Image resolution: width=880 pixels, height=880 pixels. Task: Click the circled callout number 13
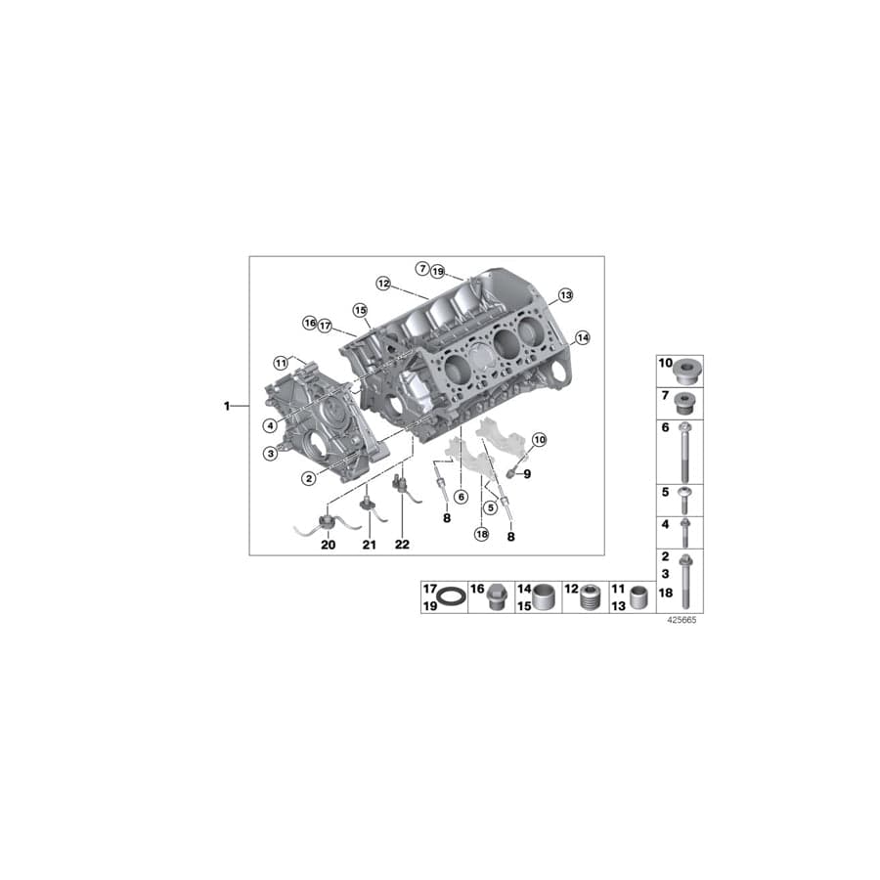(x=564, y=294)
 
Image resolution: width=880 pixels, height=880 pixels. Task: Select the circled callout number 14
(x=582, y=337)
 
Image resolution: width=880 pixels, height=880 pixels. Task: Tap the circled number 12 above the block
(x=383, y=283)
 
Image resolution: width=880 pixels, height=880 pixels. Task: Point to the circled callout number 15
(x=360, y=310)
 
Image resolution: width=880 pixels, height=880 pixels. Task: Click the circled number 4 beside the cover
(x=269, y=424)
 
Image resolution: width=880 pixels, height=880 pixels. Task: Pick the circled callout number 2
(x=308, y=478)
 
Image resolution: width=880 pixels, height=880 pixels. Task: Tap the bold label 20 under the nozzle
(x=328, y=545)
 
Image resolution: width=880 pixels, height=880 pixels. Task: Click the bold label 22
(x=402, y=545)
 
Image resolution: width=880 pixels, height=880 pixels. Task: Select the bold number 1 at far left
(x=227, y=405)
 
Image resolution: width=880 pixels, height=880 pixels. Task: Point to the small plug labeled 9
(x=509, y=474)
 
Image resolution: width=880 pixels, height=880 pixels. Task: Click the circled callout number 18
(x=480, y=533)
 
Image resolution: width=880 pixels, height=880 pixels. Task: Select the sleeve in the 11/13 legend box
(x=640, y=596)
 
